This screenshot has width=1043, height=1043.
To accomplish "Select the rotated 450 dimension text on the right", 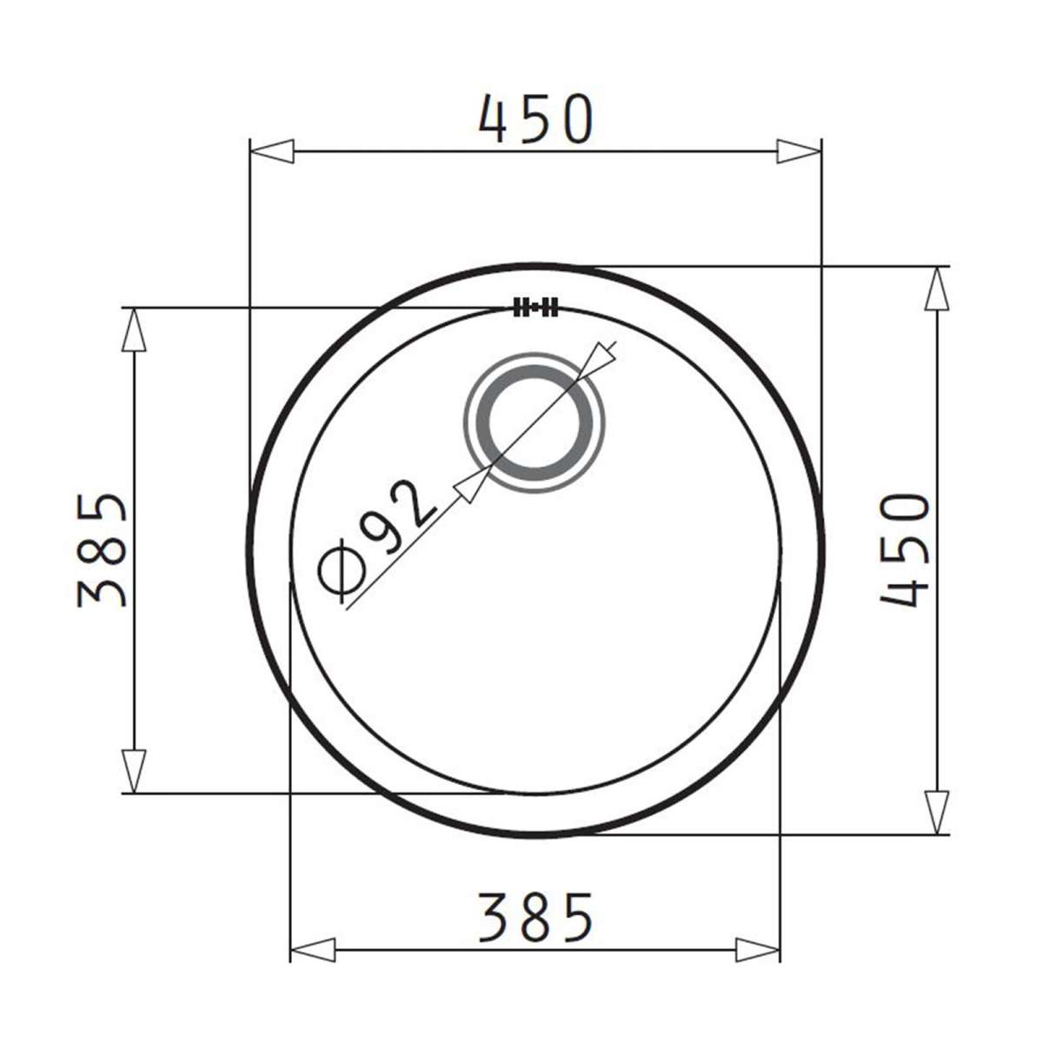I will pos(905,549).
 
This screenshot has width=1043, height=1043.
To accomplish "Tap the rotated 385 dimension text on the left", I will pos(103,549).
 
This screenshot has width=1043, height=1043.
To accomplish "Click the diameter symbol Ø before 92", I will pos(342,573).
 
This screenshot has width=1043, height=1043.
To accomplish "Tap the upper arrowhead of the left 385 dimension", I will pos(132,330).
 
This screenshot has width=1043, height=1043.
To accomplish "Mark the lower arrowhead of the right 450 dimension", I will pos(936,812).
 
